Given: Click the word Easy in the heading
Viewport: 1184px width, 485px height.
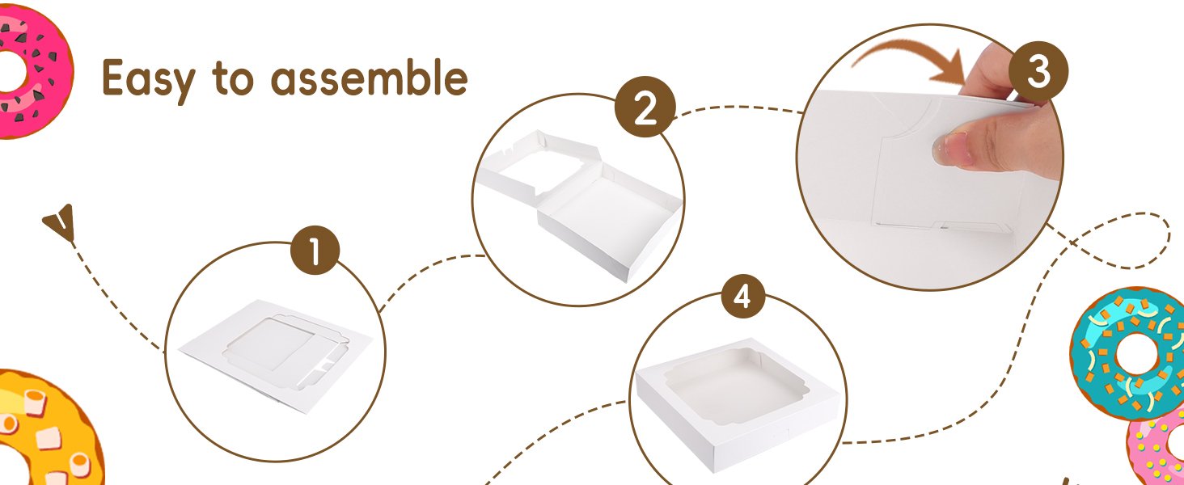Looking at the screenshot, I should pos(149,78).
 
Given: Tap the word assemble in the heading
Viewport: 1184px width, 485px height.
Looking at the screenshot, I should pos(369,78).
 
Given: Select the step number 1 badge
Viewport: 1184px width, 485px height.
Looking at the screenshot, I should pos(315,253).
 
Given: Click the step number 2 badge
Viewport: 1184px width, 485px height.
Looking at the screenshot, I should pos(645,109).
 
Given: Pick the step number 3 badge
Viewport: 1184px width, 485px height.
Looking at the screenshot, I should pos(1038,73).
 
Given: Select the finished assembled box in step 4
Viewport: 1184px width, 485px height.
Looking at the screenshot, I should pos(736,396).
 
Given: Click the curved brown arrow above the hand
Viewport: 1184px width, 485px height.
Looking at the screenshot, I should pos(906,57).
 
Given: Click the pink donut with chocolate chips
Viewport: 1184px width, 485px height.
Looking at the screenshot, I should pos(32,69).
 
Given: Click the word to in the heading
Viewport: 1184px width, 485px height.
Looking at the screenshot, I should pos(233,78).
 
